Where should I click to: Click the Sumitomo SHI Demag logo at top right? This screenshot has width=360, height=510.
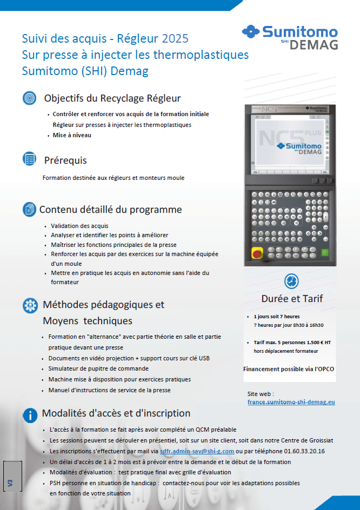tap(290, 37)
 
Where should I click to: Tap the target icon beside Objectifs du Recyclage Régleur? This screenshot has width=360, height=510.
tap(29, 98)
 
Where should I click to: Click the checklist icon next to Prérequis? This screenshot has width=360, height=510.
tap(29, 159)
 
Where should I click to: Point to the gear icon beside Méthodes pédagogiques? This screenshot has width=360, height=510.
tap(29, 305)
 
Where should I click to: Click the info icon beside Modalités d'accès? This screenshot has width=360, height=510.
tap(29, 415)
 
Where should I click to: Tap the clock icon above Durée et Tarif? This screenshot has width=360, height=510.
tap(291, 281)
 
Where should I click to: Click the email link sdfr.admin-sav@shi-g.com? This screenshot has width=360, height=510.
tap(197, 451)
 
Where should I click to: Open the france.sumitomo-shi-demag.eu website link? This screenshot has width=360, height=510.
tap(291, 402)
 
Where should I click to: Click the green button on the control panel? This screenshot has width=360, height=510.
tap(325, 252)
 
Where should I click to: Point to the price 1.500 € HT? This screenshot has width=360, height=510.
tap(316, 343)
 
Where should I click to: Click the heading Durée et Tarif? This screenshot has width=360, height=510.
tap(292, 299)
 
